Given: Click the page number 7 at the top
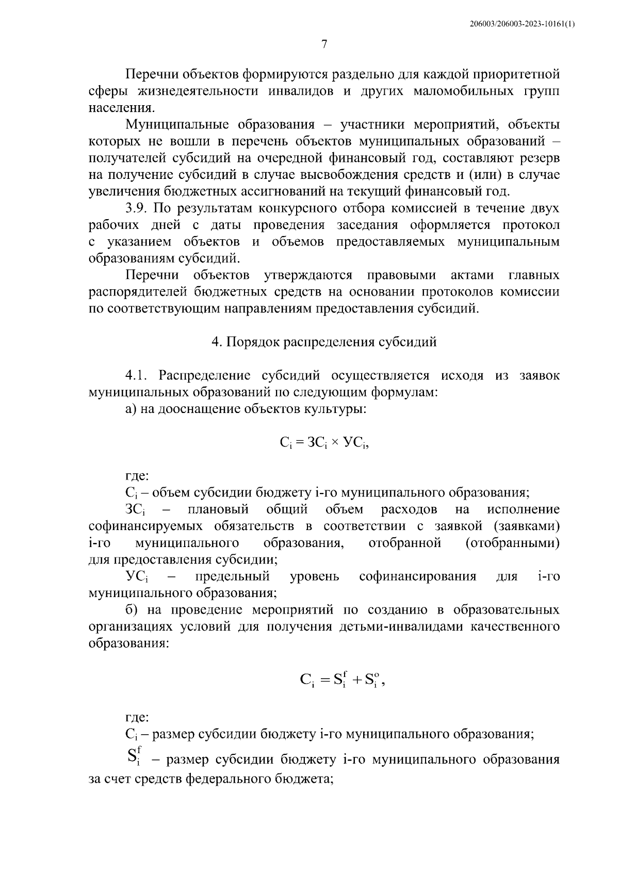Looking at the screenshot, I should [x=324, y=44].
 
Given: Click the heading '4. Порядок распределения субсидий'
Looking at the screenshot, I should [x=324, y=342].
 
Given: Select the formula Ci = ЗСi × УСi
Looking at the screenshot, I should [x=324, y=442].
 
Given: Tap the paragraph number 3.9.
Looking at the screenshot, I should [x=138, y=208].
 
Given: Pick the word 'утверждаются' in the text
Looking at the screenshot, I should [x=308, y=275].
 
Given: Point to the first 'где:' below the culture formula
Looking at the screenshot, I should [x=137, y=475].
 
